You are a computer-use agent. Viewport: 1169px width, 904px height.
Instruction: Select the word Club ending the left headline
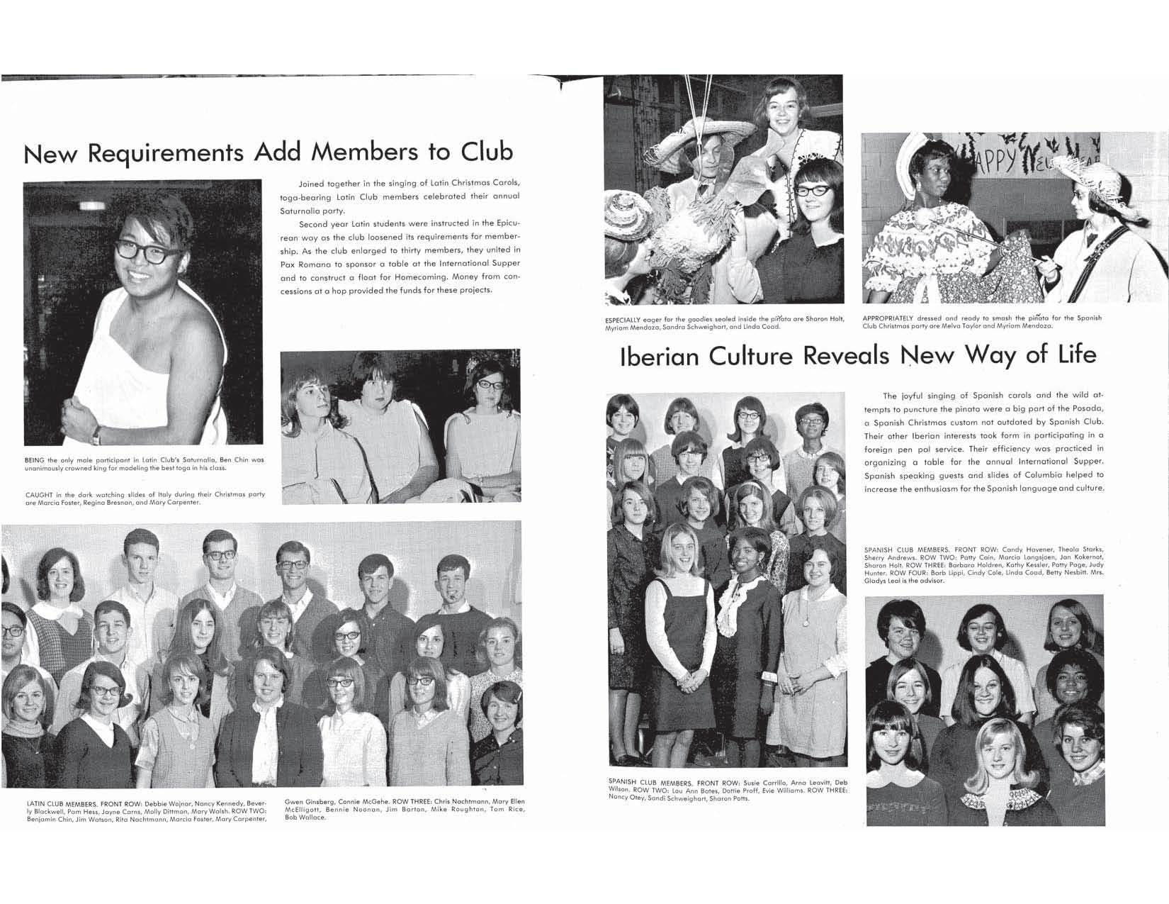point(487,152)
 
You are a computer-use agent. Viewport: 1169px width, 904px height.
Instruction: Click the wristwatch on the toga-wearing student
point(96,433)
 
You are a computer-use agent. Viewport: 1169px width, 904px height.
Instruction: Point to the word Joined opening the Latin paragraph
point(312,184)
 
